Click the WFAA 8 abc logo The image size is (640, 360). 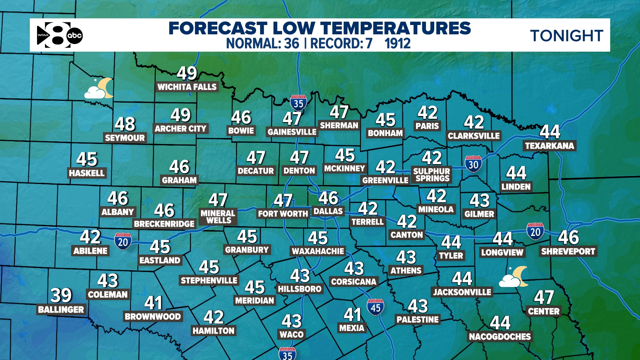pos(60,35)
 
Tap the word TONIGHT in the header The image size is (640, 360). pos(566,36)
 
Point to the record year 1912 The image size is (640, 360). pos(397,44)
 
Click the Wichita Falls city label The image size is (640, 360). pos(187,87)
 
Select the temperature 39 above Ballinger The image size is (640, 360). pos(61,295)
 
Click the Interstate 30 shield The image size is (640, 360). pos(473,164)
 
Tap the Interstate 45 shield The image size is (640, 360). pos(375,307)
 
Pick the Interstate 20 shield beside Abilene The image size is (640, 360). pos(123,241)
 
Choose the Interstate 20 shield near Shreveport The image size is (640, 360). pos(535,231)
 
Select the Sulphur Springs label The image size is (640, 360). pos(432,175)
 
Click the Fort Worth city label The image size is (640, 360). pos(283,214)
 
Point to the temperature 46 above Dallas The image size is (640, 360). pos(328,198)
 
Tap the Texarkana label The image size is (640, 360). pos(549,146)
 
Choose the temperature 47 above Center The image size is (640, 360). pos(544,297)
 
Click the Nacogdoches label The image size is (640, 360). pos(500,337)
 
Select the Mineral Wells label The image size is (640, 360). pos(218,217)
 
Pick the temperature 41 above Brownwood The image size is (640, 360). pos(153,303)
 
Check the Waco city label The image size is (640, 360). pos(292,334)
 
